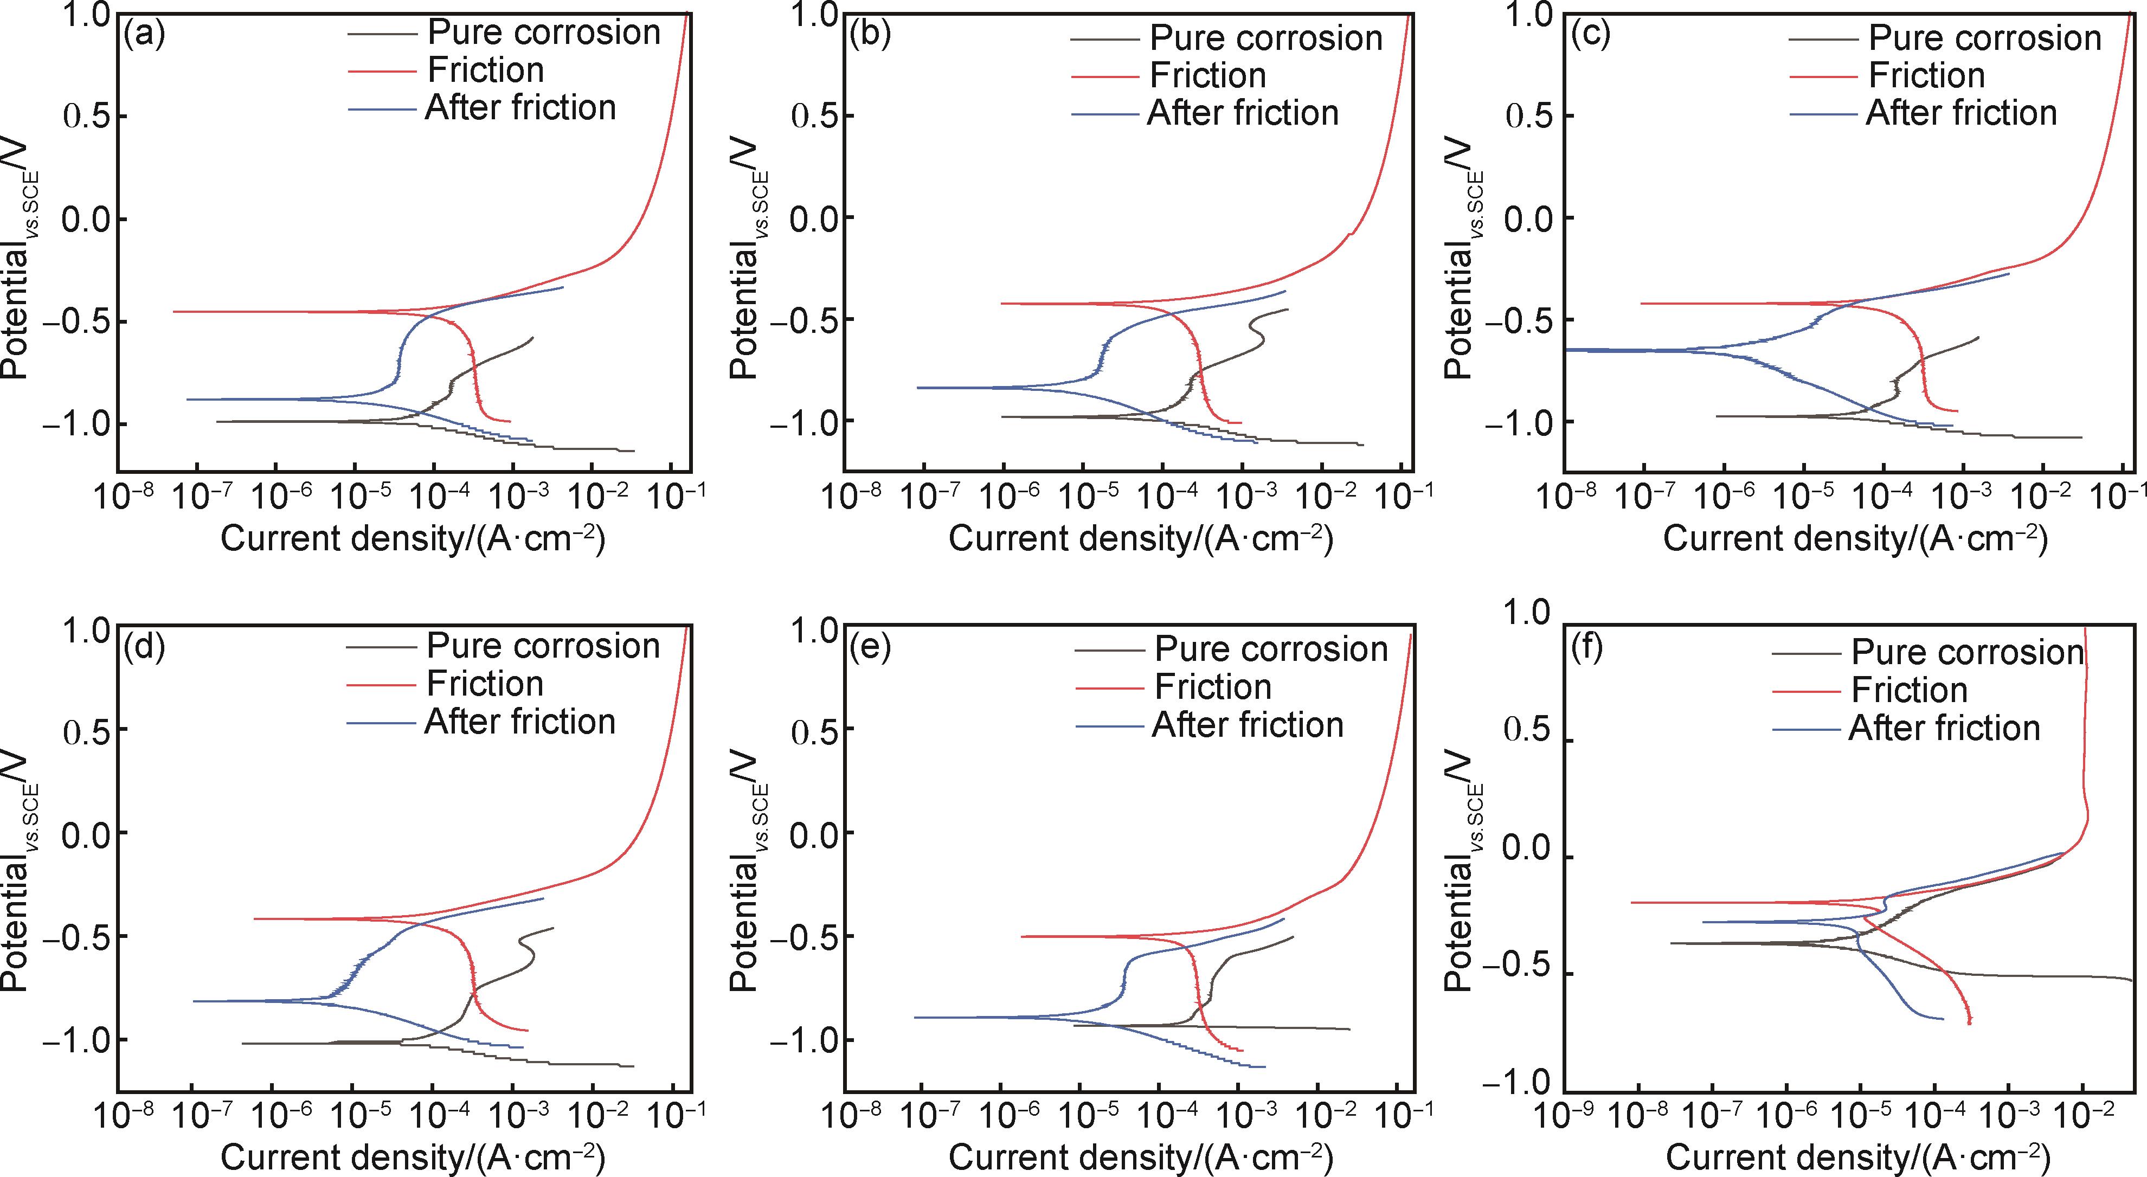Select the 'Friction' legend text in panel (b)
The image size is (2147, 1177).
1208,75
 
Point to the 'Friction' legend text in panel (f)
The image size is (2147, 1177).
1908,690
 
